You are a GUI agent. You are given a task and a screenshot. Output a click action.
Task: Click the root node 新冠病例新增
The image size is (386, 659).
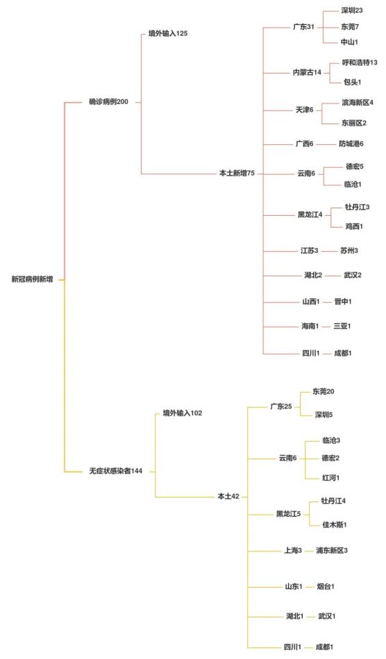pyautogui.click(x=32, y=279)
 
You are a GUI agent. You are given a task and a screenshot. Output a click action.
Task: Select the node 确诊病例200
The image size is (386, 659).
pyautogui.click(x=108, y=102)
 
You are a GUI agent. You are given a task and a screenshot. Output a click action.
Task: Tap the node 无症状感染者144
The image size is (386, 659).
pyautogui.click(x=116, y=471)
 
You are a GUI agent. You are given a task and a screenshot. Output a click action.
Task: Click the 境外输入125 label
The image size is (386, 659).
pyautogui.click(x=168, y=33)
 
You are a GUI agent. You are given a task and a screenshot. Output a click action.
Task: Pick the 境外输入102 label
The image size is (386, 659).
pyautogui.click(x=183, y=413)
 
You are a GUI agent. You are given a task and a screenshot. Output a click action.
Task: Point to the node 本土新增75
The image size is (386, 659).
pyautogui.click(x=237, y=173)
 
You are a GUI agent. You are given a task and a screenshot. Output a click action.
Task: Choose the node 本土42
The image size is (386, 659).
pyautogui.click(x=228, y=497)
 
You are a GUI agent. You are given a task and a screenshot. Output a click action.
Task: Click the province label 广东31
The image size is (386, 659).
pyautogui.click(x=303, y=27)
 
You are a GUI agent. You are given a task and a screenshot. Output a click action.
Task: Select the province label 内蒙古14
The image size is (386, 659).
pyautogui.click(x=307, y=72)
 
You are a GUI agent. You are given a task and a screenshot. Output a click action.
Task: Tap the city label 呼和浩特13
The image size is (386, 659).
pyautogui.click(x=360, y=62)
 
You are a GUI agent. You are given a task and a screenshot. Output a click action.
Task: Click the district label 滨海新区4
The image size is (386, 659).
pyautogui.click(x=357, y=103)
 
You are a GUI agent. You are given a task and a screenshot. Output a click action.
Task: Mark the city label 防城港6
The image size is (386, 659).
pyautogui.click(x=351, y=144)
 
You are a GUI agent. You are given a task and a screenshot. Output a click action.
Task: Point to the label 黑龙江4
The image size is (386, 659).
pyautogui.click(x=310, y=215)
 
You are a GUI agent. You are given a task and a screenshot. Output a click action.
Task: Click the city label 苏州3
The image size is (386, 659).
pyautogui.click(x=349, y=251)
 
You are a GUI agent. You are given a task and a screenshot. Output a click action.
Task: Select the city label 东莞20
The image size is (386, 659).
pyautogui.click(x=324, y=392)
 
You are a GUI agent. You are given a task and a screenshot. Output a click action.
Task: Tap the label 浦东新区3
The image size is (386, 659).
pyautogui.click(x=332, y=551)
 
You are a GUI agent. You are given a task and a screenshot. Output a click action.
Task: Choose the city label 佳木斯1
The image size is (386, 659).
pyautogui.click(x=335, y=524)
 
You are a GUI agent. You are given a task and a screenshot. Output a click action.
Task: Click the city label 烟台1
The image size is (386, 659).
pyautogui.click(x=326, y=586)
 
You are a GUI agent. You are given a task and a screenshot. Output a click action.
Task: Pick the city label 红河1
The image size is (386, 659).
pyautogui.click(x=331, y=478)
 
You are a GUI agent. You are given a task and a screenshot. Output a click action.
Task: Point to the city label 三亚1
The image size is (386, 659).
pyautogui.click(x=342, y=326)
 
